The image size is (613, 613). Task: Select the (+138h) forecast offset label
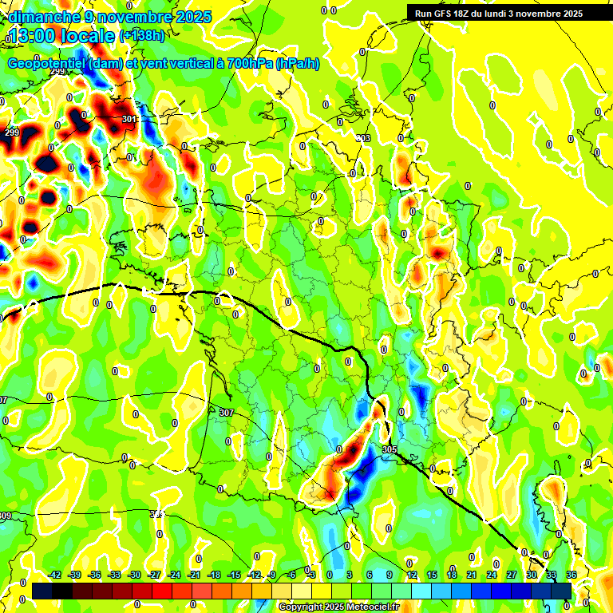[x=142, y=35]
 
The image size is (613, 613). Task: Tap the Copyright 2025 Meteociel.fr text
[x=338, y=607]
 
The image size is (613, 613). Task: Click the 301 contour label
[x=130, y=119]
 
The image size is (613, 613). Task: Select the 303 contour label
[x=363, y=138]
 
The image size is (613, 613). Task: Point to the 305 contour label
[x=389, y=449]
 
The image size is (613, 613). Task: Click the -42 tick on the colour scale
[x=54, y=575]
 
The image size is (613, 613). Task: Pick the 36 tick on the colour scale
[x=571, y=575]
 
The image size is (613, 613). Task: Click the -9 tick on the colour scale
[x=271, y=575]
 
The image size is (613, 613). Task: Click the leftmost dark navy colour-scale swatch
[x=42, y=591]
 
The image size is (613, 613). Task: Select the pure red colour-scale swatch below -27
[x=162, y=591]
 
